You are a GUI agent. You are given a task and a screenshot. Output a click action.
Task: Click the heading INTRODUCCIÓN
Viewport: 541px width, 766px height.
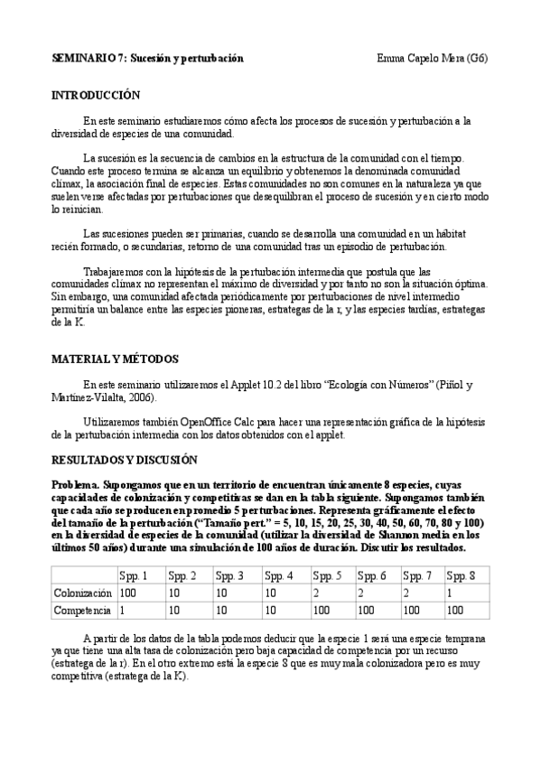coord(96,94)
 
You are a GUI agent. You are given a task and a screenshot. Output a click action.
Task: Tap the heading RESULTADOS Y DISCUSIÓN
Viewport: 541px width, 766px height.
coord(124,459)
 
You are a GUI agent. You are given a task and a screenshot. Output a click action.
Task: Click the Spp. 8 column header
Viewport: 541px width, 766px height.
coord(461,575)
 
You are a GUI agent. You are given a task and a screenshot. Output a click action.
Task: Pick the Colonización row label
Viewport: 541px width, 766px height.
coord(82,593)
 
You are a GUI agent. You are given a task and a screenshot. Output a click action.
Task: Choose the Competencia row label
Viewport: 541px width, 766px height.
coord(81,611)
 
